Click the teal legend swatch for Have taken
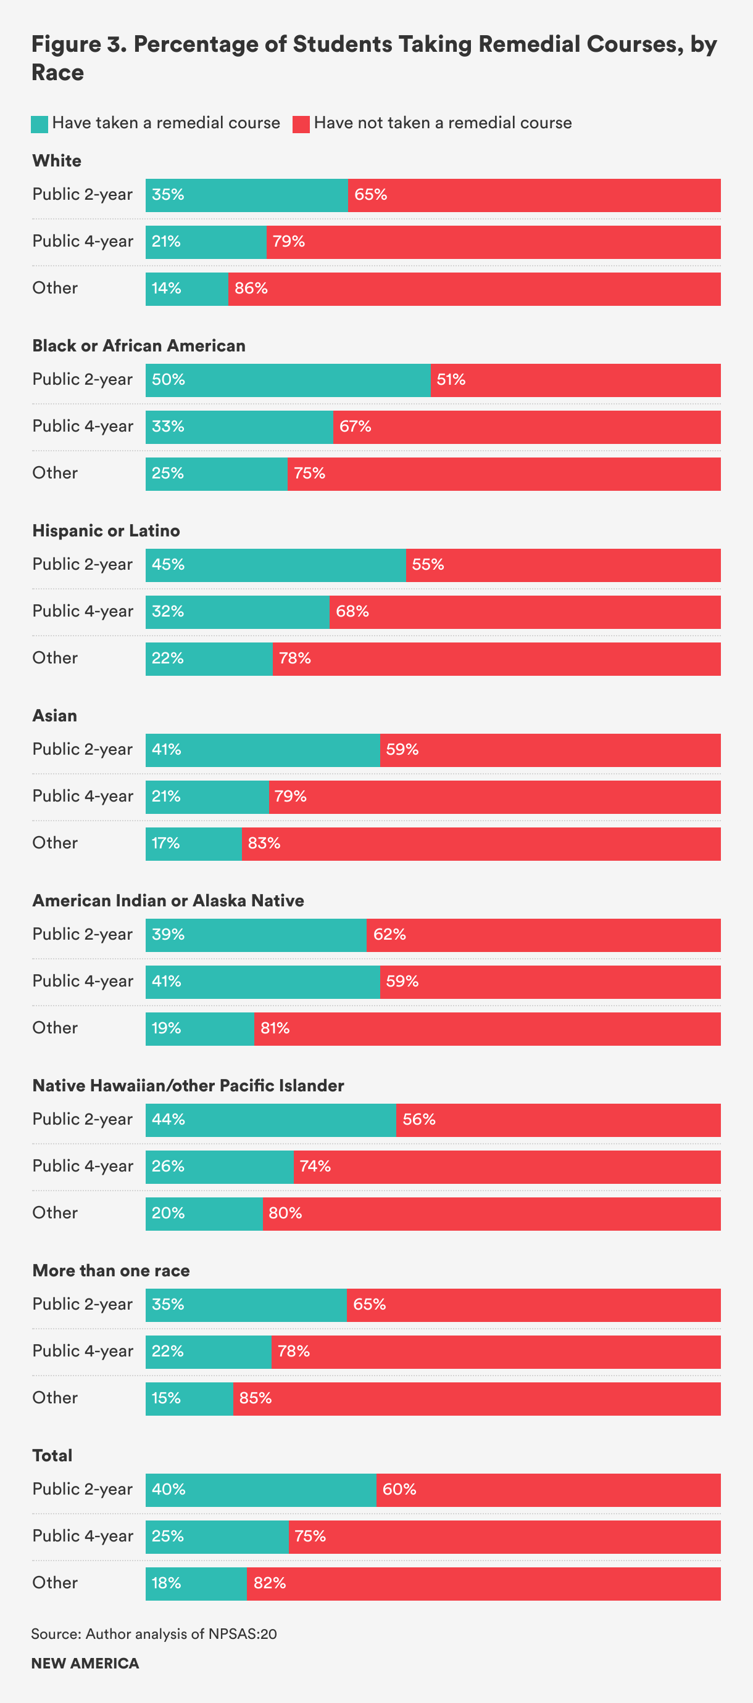[40, 125]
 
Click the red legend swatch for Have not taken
[301, 125]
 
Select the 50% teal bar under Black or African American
[288, 380]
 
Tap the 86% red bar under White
[474, 289]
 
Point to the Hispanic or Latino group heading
[106, 531]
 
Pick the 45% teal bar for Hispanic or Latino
[275, 565]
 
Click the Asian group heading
[55, 716]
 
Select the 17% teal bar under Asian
[193, 843]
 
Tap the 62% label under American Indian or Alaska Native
[389, 935]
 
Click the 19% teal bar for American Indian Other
[200, 1028]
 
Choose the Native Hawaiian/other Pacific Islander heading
[188, 1086]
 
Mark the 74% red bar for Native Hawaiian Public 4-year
[507, 1167]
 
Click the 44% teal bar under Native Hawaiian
[270, 1120]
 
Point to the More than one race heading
[111, 1271]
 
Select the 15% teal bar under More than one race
[189, 1398]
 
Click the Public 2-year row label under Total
[83, 1489]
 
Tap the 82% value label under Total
[269, 1583]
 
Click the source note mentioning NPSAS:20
[154, 1634]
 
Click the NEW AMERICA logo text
[85, 1664]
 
